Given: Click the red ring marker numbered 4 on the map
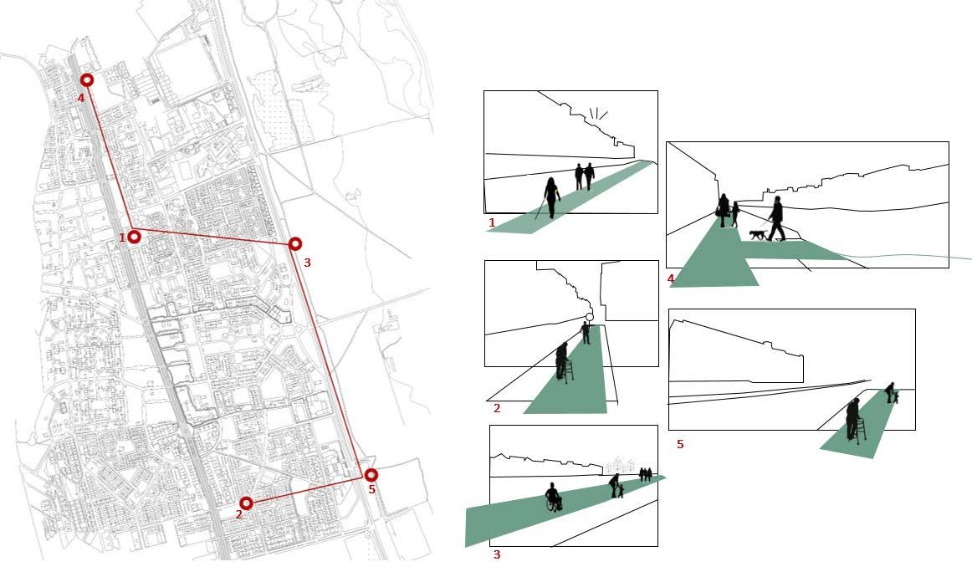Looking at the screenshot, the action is pos(86,80).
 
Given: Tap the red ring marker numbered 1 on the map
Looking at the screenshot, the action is pos(133,237).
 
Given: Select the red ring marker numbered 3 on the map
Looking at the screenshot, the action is pos(294,243).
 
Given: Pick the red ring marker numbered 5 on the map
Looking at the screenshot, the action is pos(371,475).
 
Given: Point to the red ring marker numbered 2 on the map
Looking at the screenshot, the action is pos(246,503).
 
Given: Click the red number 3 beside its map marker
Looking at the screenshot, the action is pos(307,263).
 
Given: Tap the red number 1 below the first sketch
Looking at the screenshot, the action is pos(492,223).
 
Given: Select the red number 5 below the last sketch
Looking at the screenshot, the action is pos(680,445).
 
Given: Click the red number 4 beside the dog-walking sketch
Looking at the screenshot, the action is pos(671,278).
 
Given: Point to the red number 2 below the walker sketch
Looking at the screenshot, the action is pos(497,408).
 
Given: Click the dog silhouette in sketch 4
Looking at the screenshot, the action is pos(757,235).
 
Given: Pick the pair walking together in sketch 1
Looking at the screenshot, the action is pos(583,176).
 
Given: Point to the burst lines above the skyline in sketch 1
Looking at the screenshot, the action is pos(597,114).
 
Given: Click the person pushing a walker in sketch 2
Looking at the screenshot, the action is pos(563,361).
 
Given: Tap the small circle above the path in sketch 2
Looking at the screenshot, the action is pos(589,317).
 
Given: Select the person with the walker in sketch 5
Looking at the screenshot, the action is pos(852,418).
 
